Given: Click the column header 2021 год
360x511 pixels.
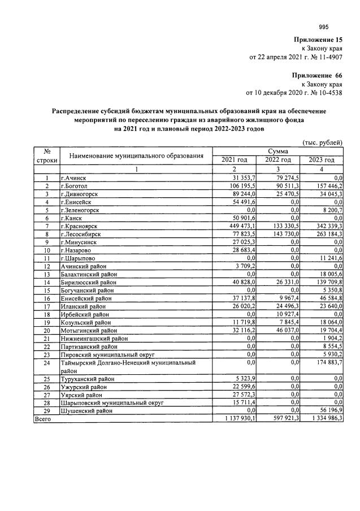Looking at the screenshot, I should tap(234, 161).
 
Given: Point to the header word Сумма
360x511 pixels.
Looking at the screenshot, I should tap(277, 151).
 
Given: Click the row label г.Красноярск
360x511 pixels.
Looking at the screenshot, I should tap(83, 226).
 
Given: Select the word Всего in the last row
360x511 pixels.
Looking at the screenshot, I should tap(44, 419).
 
